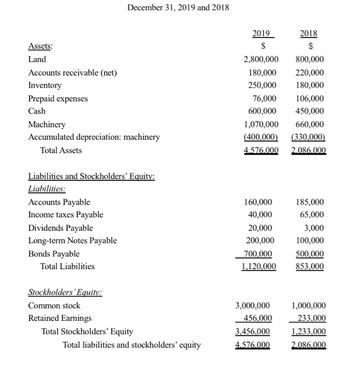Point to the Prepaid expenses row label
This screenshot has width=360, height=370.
[x=58, y=98]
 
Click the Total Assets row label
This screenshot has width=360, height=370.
[x=61, y=150]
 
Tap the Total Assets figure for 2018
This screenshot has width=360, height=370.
[x=309, y=150]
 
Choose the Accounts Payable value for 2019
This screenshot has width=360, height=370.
[x=259, y=202]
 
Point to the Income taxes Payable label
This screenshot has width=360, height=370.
[x=66, y=215]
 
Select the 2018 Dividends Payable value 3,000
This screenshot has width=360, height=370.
[x=315, y=228]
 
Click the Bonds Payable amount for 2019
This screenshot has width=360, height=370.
[x=259, y=254]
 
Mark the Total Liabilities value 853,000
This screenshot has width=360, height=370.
[x=311, y=266]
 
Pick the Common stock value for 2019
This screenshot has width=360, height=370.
[x=256, y=306]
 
